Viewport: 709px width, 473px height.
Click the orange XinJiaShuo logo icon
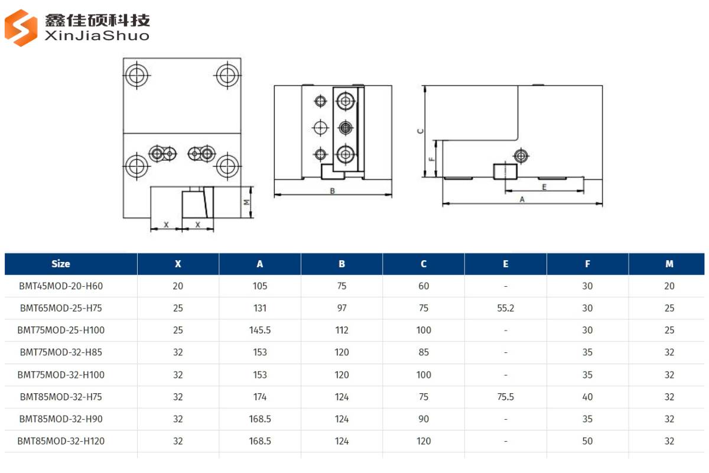pyautogui.click(x=21, y=27)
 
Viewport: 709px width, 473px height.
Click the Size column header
pyautogui.click(x=60, y=264)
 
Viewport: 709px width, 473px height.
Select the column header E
pyautogui.click(x=505, y=264)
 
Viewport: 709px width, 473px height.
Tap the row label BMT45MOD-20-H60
pyautogui.click(x=61, y=286)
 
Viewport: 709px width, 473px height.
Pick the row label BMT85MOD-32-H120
pyautogui.click(x=61, y=441)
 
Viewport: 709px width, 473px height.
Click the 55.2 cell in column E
pyautogui.click(x=505, y=308)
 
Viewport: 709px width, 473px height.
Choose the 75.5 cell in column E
pyautogui.click(x=505, y=397)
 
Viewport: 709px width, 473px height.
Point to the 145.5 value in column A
pyautogui.click(x=260, y=331)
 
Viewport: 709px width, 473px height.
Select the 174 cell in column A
pyautogui.click(x=260, y=397)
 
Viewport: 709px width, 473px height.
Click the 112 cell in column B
pyautogui.click(x=342, y=331)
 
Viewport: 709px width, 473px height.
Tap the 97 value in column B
pyautogui.click(x=342, y=308)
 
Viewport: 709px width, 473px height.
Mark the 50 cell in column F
pyautogui.click(x=587, y=441)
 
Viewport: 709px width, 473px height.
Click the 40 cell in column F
pyautogui.click(x=587, y=397)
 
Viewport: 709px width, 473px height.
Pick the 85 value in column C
pyautogui.click(x=424, y=352)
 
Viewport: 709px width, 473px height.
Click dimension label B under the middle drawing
pyautogui.click(x=333, y=191)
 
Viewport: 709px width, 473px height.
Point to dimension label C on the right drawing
pyautogui.click(x=420, y=131)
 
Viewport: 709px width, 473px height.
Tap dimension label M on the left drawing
pyautogui.click(x=248, y=202)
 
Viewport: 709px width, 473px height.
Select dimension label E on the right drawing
pyautogui.click(x=544, y=187)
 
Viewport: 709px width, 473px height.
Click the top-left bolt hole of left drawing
pyautogui.click(x=137, y=75)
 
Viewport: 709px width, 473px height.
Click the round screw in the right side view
pyautogui.click(x=521, y=155)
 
